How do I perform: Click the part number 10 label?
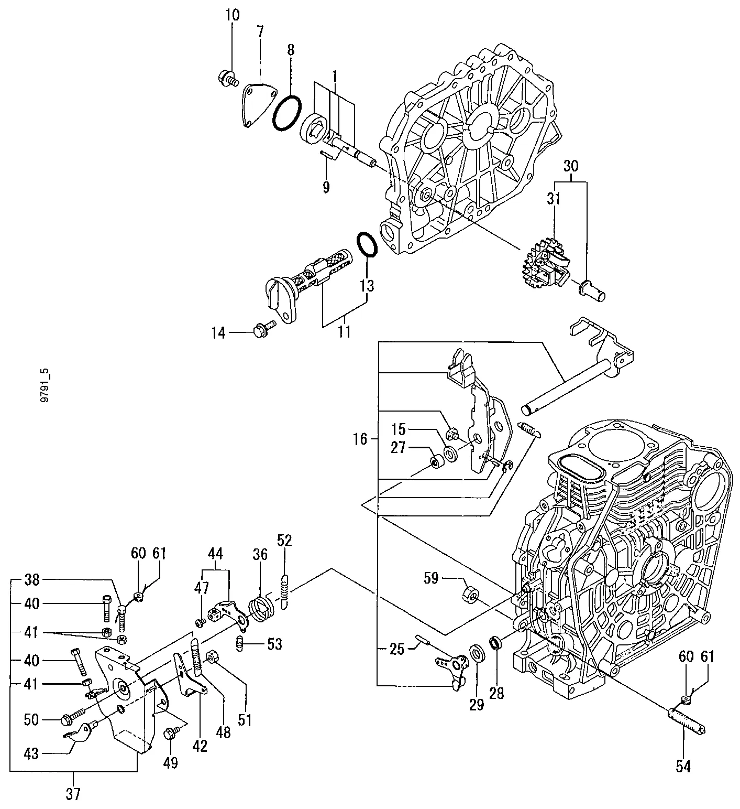233,15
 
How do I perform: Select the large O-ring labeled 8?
287,113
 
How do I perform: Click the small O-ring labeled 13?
368,244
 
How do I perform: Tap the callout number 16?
360,439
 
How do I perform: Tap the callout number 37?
73,794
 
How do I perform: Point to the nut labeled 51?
213,656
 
